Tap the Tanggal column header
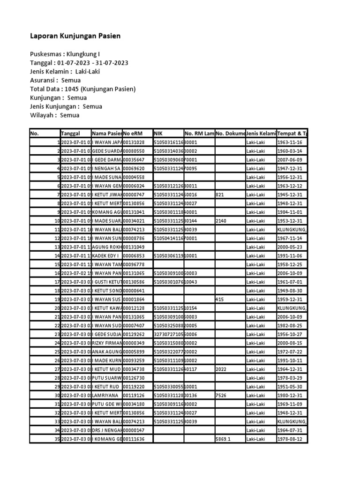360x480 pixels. tap(70, 134)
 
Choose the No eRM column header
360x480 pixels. tap(133, 134)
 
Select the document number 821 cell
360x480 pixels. tap(220, 195)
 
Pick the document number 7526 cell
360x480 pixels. tap(221, 396)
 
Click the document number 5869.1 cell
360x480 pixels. tap(224, 439)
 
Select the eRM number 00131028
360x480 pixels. tap(134, 142)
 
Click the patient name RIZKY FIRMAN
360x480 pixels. tap(107, 343)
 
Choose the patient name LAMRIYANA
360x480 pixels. tap(105, 396)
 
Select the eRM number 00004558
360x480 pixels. tap(134, 177)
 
